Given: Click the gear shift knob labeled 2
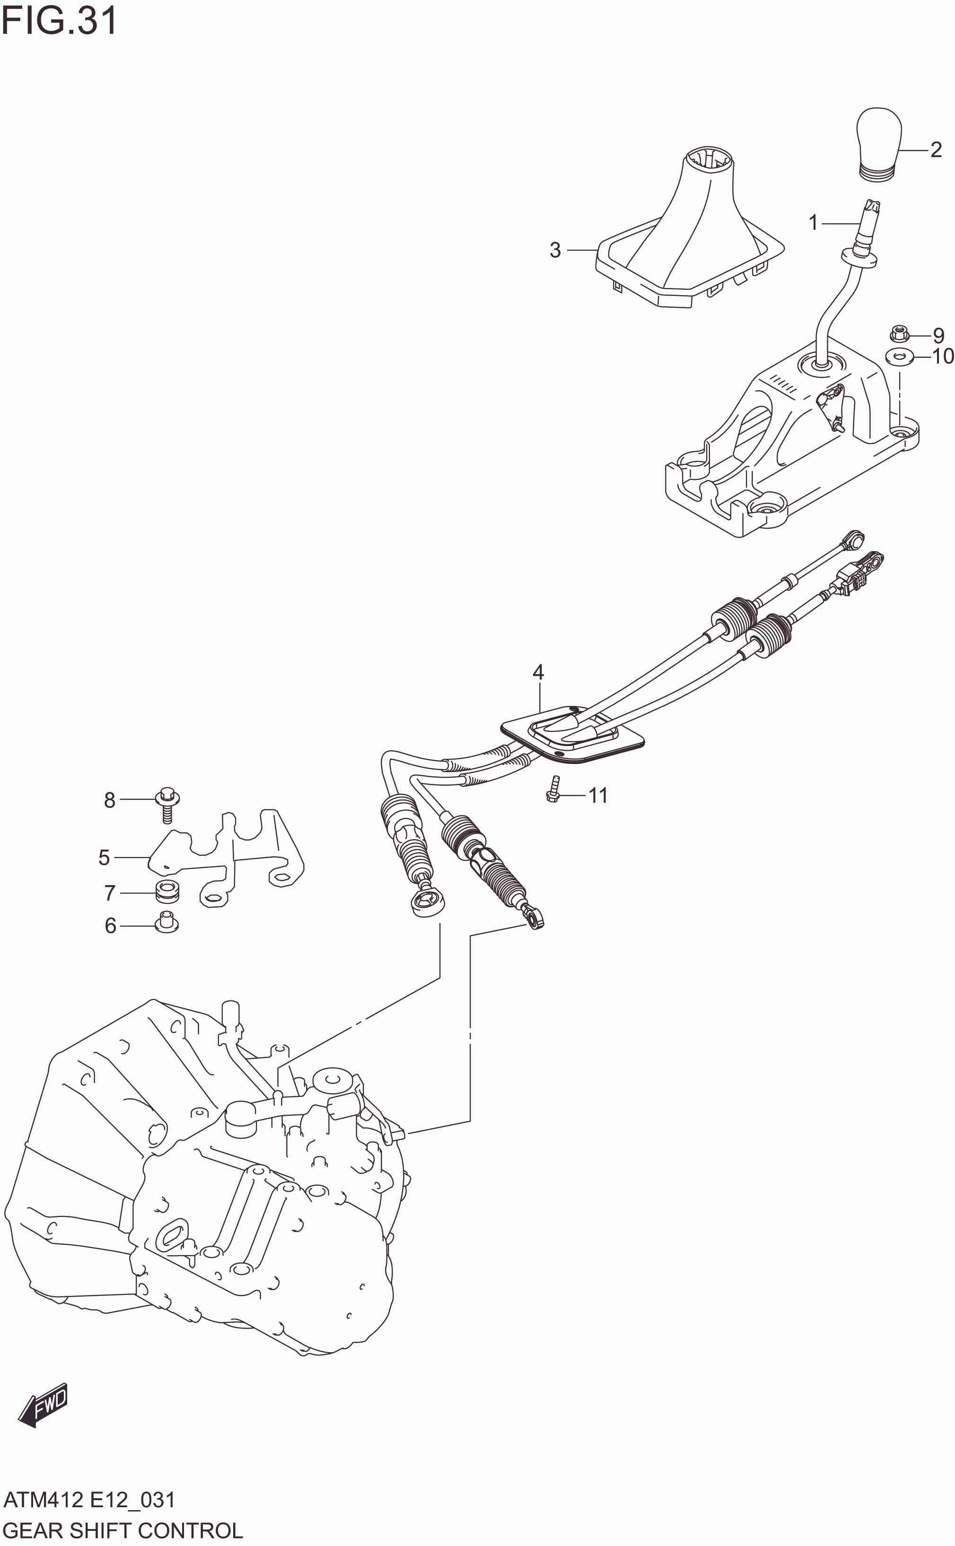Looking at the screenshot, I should point(878,144).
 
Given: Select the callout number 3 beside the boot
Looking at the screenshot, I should point(555,250).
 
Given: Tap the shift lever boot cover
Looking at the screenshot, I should point(688,240).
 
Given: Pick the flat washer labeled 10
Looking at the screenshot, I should point(899,357).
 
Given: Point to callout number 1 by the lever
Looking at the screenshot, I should point(814,222).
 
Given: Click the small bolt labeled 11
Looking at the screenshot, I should point(554,790).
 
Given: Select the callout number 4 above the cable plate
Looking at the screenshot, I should point(538,672).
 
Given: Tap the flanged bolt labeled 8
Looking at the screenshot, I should point(167,804).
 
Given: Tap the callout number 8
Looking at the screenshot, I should point(110,800).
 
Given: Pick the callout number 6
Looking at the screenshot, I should point(111,925).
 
